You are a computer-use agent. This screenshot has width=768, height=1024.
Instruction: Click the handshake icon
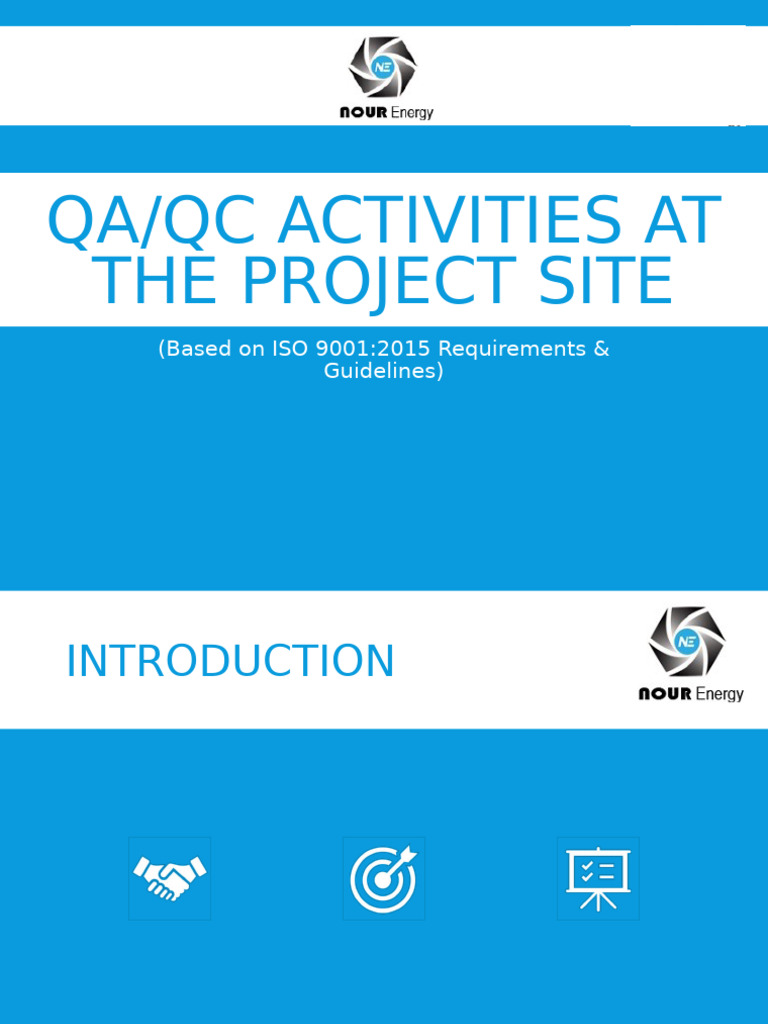169,878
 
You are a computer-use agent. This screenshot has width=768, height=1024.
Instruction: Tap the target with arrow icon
383,878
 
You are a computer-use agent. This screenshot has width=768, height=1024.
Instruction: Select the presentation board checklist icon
597,878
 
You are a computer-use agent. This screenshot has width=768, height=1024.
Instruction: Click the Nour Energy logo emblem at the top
382,66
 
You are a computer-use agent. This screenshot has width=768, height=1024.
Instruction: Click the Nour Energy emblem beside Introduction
687,641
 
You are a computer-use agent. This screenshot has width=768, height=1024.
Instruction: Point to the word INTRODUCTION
230,662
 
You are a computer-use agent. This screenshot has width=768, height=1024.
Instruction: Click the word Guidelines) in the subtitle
383,371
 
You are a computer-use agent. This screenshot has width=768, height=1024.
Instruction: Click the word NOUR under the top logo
363,113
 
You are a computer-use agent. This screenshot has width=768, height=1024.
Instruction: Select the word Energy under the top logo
413,113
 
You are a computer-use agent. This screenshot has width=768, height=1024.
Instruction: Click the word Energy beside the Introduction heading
719,694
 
